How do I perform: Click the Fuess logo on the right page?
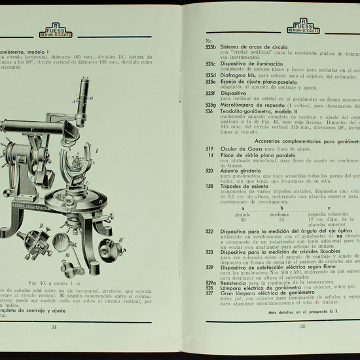[x=304, y=27]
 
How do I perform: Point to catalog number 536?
[x=209, y=111]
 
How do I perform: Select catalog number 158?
[x=209, y=186]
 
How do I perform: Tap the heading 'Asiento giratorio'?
[x=243, y=170]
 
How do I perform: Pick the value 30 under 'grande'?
[x=243, y=219]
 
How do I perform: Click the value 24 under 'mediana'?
[x=280, y=219]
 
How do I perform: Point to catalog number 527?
[x=209, y=292]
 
